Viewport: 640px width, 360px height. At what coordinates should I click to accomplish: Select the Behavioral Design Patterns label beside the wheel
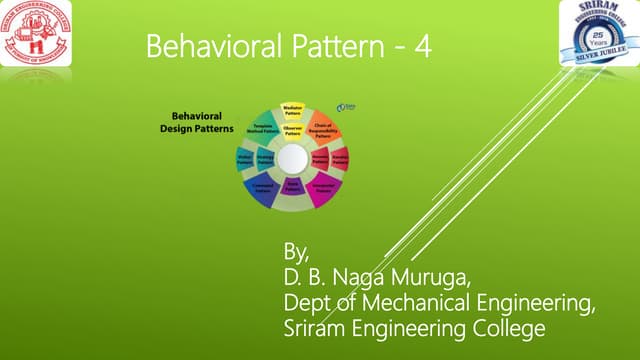coord(197,123)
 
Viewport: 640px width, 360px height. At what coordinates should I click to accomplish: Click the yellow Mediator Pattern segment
coord(293,111)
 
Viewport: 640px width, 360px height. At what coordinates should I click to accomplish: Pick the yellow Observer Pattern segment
coord(293,131)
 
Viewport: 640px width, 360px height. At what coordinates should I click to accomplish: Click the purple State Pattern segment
coord(293,186)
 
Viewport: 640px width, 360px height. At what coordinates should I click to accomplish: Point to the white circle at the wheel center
coord(293,159)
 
